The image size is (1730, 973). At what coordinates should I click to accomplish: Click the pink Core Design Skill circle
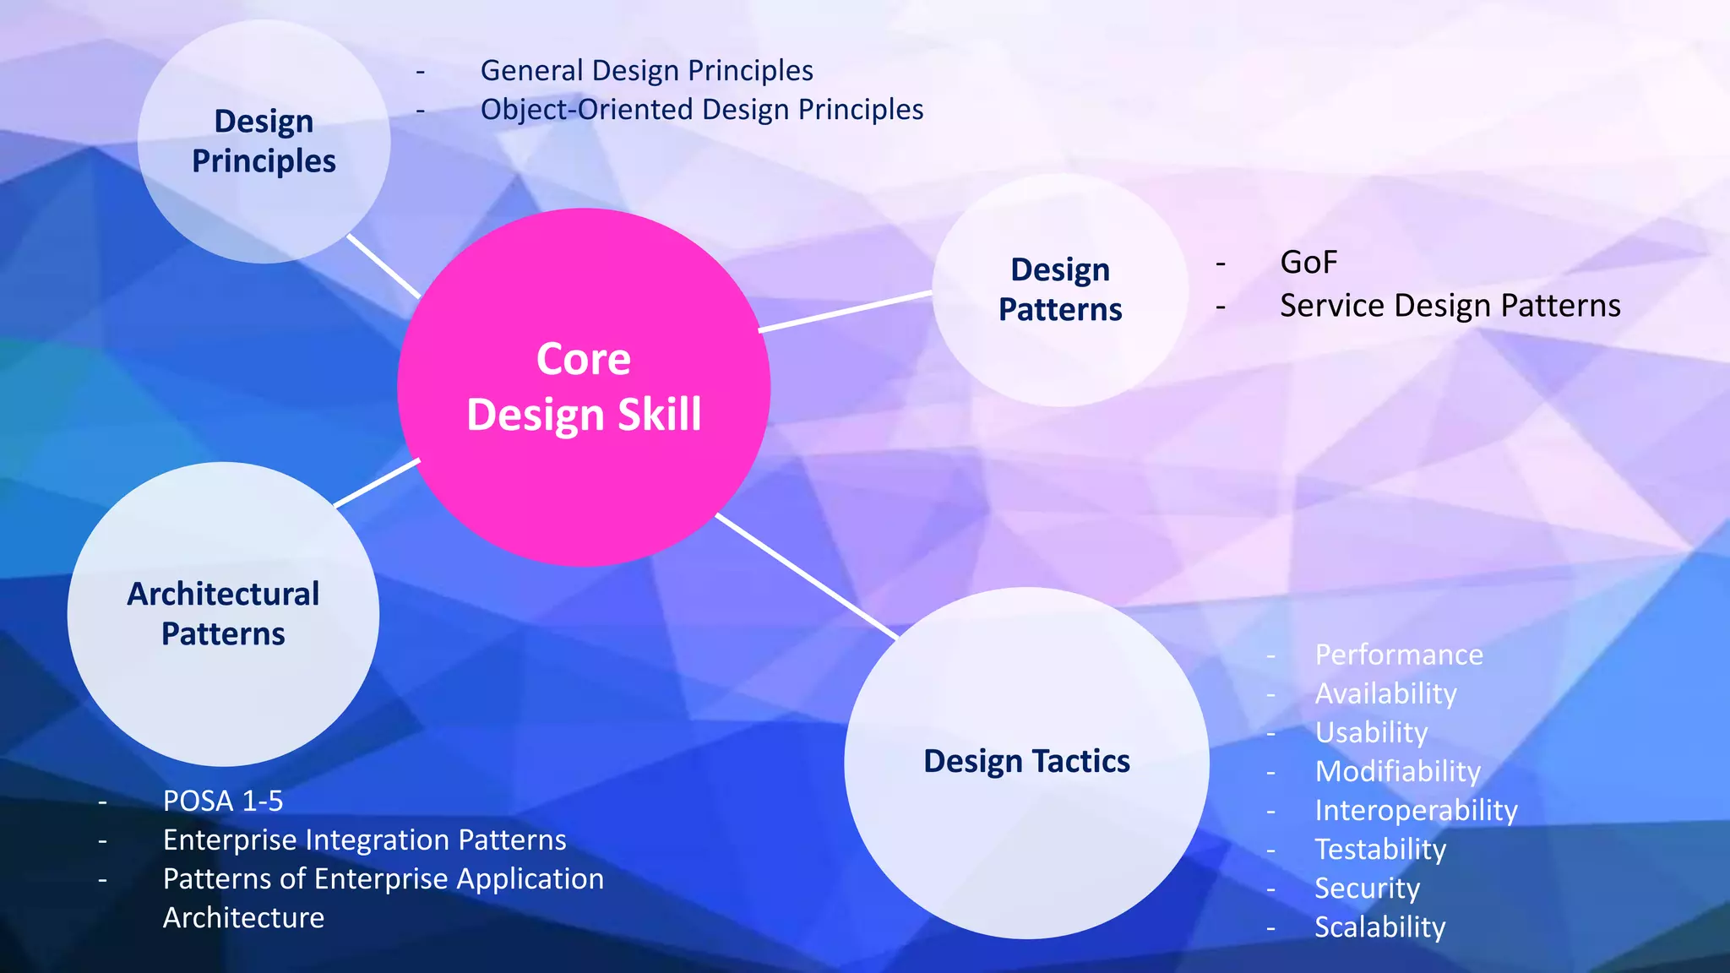[x=584, y=387]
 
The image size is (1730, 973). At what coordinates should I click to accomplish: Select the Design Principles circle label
[x=264, y=141]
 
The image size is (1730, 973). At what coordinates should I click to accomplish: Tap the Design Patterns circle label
[x=1060, y=290]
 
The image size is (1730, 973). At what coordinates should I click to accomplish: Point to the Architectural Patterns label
[x=223, y=614]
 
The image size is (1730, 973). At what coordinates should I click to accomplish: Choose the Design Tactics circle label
[x=1026, y=761]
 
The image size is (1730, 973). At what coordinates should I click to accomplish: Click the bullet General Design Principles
[x=646, y=70]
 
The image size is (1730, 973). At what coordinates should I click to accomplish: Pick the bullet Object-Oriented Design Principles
[x=701, y=110]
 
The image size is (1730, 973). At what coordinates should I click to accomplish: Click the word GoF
[x=1308, y=263]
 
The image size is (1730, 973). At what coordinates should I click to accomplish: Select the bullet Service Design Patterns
[x=1450, y=306]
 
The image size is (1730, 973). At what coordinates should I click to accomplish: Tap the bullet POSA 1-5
[x=223, y=801]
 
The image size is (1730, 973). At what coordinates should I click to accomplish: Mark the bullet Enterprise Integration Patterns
[x=364, y=840]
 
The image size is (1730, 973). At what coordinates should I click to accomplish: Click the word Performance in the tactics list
[x=1399, y=655]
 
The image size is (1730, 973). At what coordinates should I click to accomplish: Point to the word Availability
[x=1385, y=693]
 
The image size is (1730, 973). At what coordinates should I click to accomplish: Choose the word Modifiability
[x=1397, y=771]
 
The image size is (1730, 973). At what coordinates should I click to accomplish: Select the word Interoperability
[x=1416, y=810]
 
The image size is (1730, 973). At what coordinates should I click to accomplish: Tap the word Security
[x=1367, y=888]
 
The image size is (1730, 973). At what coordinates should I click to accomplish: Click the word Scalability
[x=1379, y=927]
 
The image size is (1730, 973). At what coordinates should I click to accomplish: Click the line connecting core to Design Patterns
[x=845, y=312]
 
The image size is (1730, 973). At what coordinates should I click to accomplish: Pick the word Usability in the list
[x=1371, y=732]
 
